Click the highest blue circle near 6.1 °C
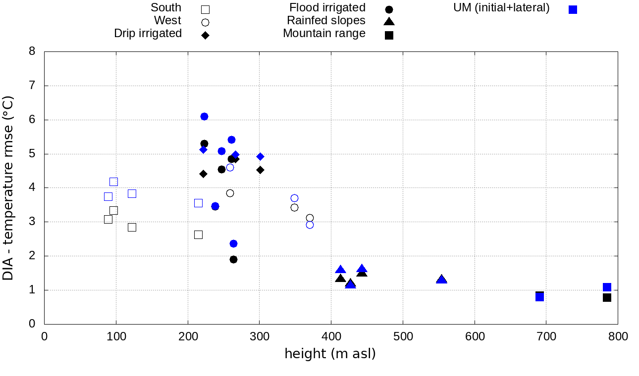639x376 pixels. [204, 116]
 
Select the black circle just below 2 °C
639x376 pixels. [233, 259]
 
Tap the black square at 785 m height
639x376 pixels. [607, 297]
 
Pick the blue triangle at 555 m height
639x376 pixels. [441, 280]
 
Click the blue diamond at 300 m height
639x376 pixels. [260, 156]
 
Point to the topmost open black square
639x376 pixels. [113, 182]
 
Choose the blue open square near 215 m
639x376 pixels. [198, 203]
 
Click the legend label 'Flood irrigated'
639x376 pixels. [327, 8]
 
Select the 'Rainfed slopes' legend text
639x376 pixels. [326, 21]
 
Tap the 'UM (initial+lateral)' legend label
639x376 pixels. [501, 8]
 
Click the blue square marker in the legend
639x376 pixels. [573, 9]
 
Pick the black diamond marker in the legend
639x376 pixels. [205, 35]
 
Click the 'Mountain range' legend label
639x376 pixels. [324, 34]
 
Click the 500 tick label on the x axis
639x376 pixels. [402, 337]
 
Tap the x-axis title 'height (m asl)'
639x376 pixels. [330, 354]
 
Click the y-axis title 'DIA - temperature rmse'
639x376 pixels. [8, 188]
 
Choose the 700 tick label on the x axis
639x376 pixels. [546, 337]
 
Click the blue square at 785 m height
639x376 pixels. [607, 287]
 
